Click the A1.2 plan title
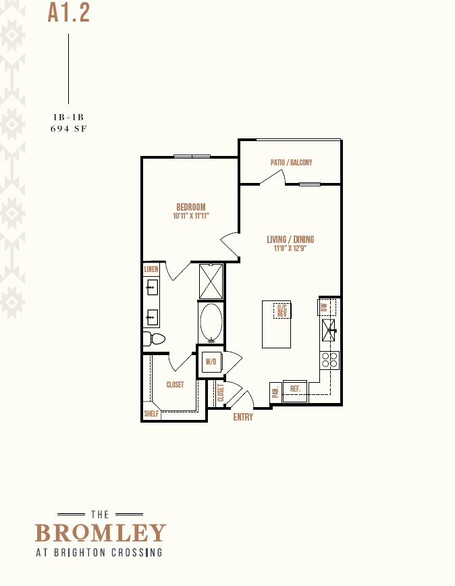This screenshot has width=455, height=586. pos(69,13)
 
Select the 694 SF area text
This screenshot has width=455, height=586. pos(69,129)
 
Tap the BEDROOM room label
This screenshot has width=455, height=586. pos(191,207)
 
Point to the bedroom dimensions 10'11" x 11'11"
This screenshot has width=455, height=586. pos(191,216)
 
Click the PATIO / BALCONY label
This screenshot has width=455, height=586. pos(292,163)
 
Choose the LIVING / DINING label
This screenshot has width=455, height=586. pos(290,240)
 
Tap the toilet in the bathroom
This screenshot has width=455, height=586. pos(154,339)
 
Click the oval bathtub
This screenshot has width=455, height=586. pos(211,322)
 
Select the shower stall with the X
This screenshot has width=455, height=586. pos(211,282)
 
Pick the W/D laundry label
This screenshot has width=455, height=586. pos(211,362)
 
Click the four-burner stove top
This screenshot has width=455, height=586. pos(329,361)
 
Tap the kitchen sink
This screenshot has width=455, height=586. pos(329,330)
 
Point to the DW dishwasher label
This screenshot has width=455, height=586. pos(324,307)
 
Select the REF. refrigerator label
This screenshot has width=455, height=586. pos(295,389)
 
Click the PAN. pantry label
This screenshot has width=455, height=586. pos(275,392)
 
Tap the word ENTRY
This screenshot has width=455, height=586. pos(243,417)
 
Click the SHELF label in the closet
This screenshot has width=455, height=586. pos(151,414)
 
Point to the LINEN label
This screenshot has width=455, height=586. pos(151,269)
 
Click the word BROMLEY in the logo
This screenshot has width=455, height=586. pos(101,533)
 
